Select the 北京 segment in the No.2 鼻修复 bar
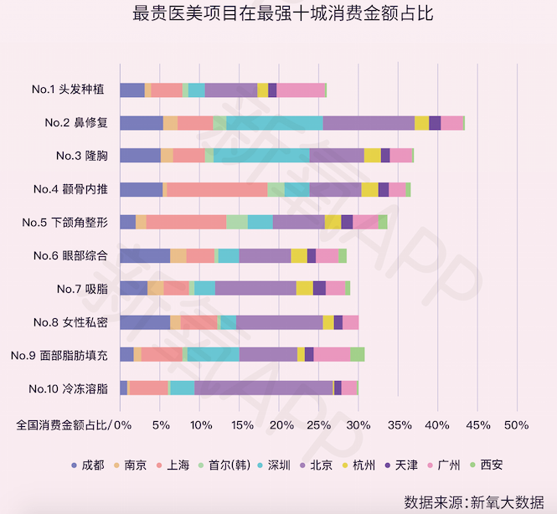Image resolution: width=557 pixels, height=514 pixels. [x=369, y=123]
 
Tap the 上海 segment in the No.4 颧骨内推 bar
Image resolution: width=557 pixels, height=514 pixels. [x=217, y=189]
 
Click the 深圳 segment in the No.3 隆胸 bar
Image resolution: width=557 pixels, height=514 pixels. [x=261, y=156]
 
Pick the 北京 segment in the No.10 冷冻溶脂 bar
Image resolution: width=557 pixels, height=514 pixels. [x=263, y=388]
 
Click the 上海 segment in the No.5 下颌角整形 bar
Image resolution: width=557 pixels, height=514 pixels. [x=186, y=222]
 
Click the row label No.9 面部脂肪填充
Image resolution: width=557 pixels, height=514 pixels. [x=59, y=355]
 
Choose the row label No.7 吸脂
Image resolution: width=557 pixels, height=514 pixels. [x=81, y=289]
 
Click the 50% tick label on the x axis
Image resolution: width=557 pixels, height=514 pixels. [x=517, y=424]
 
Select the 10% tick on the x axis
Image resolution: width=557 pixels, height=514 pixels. [x=200, y=424]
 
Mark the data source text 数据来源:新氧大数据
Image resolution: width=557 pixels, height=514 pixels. [x=473, y=501]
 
